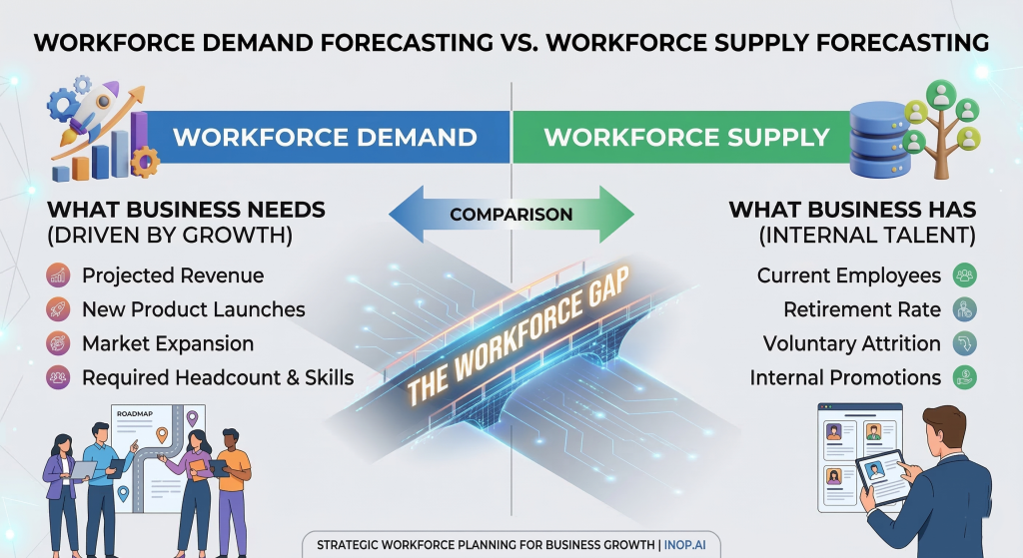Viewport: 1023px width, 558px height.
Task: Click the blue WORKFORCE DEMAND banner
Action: [325, 136]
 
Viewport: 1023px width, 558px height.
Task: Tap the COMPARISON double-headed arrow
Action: [511, 214]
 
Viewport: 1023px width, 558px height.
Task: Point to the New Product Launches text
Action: [193, 309]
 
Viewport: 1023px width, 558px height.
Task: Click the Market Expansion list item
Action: [168, 343]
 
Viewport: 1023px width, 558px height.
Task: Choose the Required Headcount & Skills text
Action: [218, 377]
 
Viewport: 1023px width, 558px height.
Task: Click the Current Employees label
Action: [849, 276]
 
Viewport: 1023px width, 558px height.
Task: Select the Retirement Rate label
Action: [862, 309]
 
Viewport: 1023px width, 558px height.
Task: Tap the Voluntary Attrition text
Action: [851, 343]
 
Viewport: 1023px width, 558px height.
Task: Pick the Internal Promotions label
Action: [845, 377]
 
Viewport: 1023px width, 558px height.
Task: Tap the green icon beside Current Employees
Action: [964, 276]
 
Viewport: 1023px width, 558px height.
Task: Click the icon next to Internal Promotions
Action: [964, 377]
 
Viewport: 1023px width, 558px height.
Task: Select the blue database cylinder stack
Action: [875, 140]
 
